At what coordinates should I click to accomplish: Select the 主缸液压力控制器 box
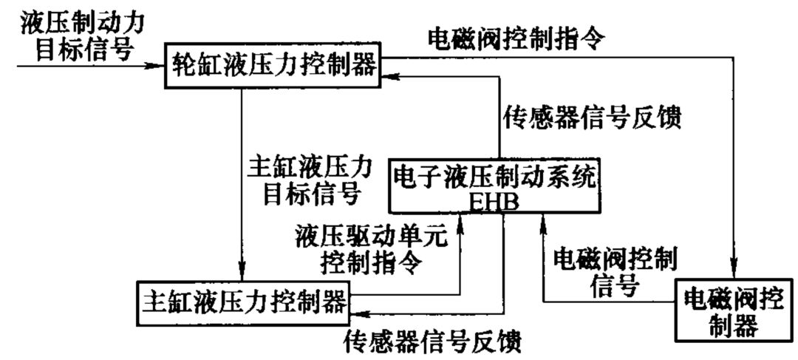(x=245, y=302)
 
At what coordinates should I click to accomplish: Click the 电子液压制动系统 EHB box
(x=494, y=185)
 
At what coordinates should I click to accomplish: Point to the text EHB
(x=494, y=201)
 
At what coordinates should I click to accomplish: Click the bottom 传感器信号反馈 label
(x=432, y=342)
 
